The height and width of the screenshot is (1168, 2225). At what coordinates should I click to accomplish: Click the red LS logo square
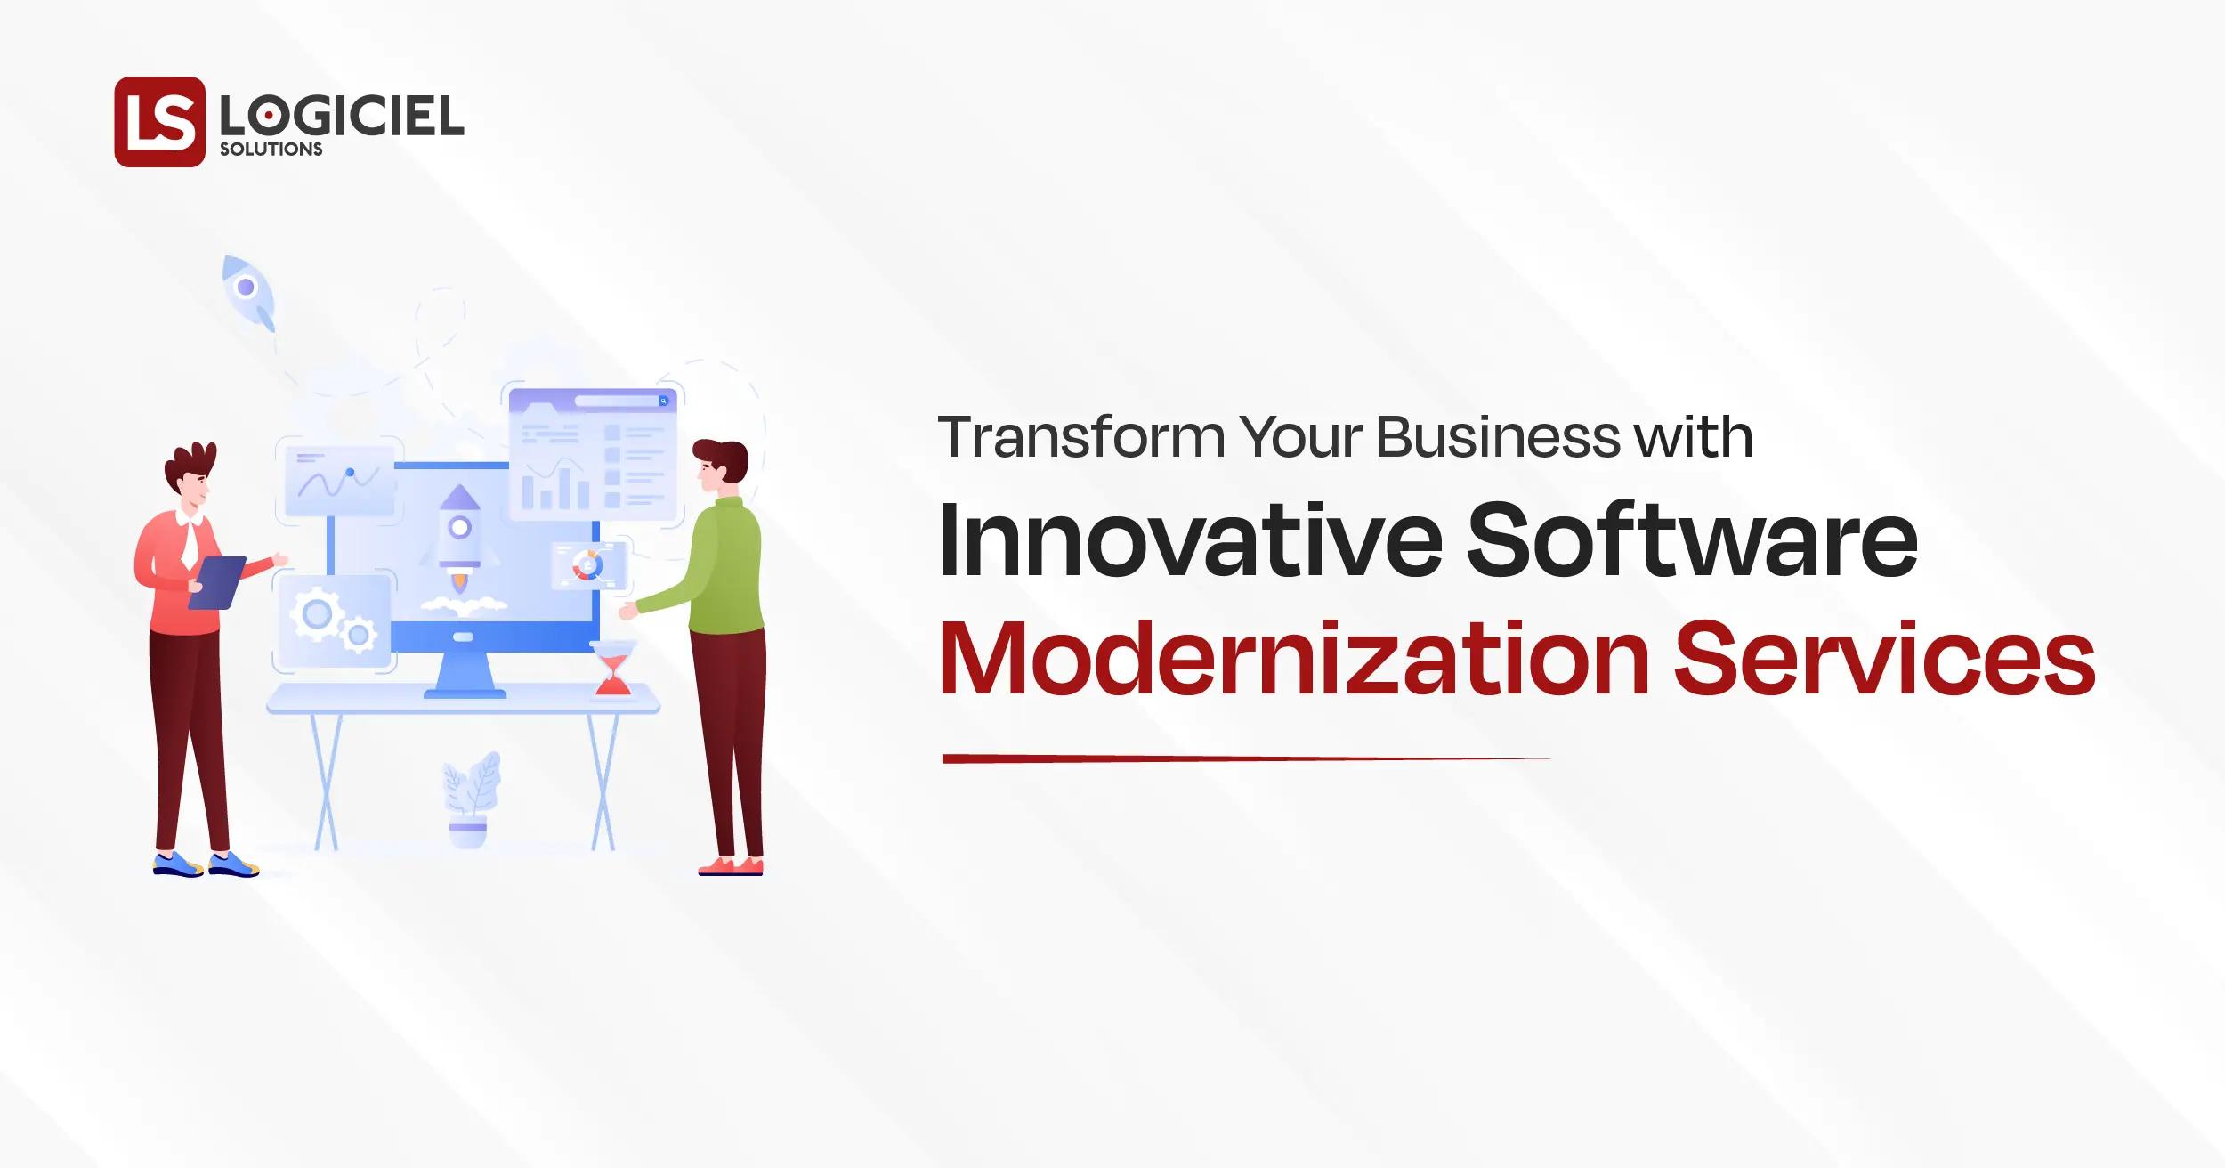pos(160,121)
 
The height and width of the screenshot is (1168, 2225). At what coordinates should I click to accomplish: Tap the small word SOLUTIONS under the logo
pos(271,150)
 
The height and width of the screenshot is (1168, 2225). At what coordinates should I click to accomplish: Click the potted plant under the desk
pos(470,801)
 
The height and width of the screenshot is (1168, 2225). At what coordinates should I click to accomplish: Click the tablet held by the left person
pos(216,582)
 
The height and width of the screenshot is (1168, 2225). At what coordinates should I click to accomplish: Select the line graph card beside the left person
pos(339,481)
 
